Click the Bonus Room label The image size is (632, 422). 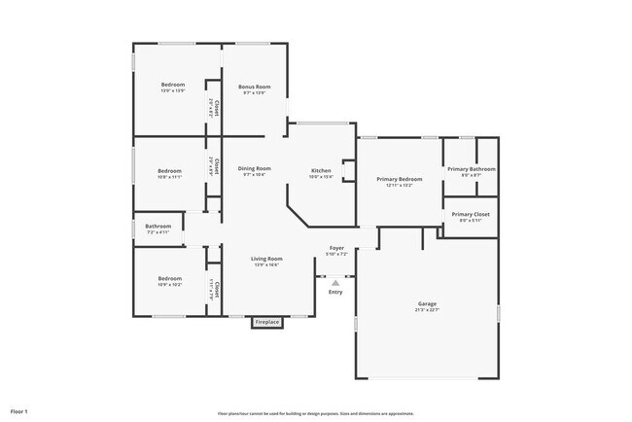257,87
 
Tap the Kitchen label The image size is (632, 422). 322,169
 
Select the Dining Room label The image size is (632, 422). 255,168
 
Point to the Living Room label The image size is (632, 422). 267,258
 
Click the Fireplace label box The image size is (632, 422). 267,322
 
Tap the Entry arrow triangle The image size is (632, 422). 335,283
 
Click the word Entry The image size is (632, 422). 335,292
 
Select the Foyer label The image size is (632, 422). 336,248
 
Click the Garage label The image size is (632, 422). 428,303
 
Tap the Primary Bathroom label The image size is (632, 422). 471,169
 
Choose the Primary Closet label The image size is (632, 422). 471,214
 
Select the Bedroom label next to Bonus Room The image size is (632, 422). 173,85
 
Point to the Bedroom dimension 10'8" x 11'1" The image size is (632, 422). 170,177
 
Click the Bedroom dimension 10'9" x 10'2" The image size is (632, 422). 170,285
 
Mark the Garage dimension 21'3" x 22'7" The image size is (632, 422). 428,310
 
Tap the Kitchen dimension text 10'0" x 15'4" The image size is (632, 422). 322,176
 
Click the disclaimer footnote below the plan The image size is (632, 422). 316,412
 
